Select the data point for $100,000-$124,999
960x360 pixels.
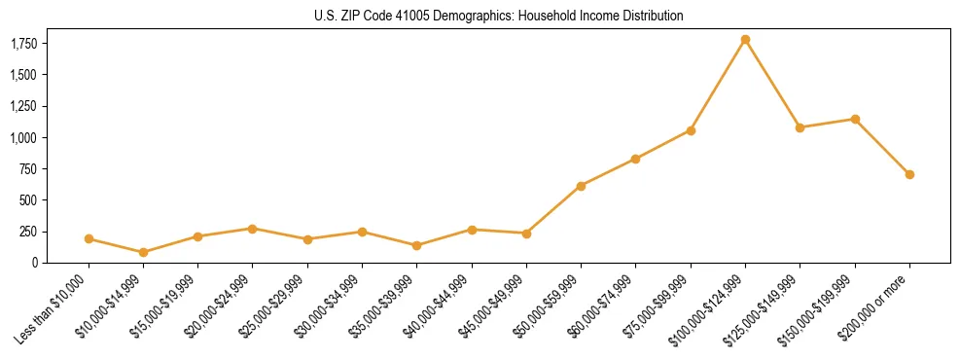745,40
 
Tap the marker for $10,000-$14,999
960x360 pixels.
144,252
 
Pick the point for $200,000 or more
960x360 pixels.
909,174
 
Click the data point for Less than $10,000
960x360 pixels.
89,238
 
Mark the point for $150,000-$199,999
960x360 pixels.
855,119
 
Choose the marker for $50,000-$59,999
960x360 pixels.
581,186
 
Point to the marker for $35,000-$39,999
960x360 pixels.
417,245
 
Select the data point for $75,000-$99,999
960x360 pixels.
691,130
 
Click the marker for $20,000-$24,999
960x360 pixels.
253,229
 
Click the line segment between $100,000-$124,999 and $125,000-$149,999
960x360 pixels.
772,84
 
